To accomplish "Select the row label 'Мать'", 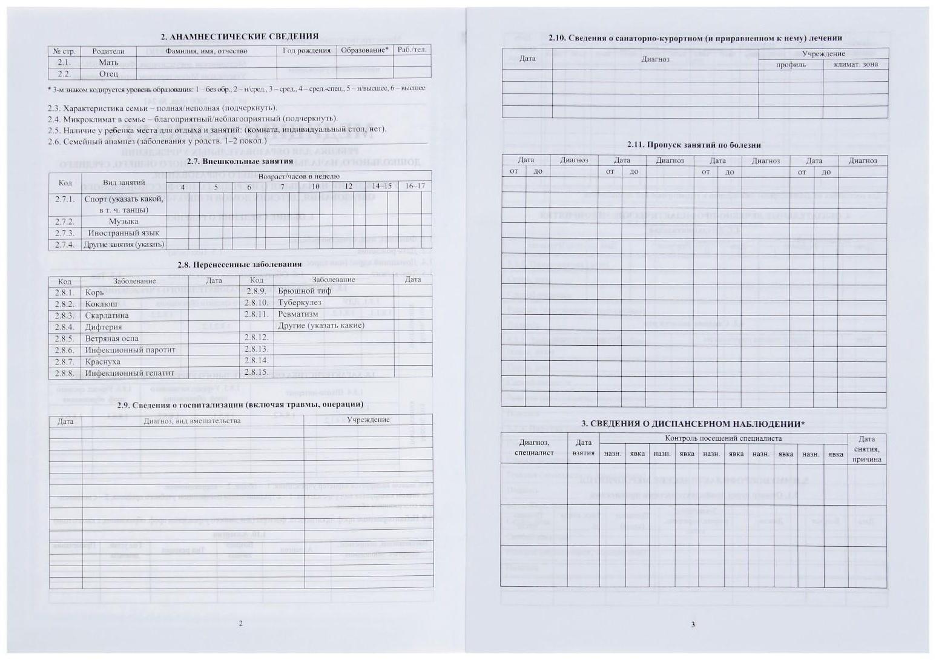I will pos(108,62).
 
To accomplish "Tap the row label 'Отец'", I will pos(108,74).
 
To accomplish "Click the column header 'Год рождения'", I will pos(306,51).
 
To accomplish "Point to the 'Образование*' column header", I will pos(364,50).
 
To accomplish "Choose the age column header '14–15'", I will pos(381,186).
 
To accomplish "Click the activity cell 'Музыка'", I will pos(124,222).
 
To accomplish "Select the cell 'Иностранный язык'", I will pos(124,233).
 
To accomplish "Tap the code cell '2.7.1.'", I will pos(65,199).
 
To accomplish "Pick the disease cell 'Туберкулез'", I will pos(299,303).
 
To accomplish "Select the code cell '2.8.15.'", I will pos(256,372).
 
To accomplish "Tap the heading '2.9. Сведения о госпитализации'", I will pos(240,404).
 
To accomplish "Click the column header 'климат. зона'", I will pos(855,65).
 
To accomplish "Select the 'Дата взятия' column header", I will pos(583,448).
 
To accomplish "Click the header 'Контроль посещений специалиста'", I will pos(723,438).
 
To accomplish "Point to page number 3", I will pos(693,625).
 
